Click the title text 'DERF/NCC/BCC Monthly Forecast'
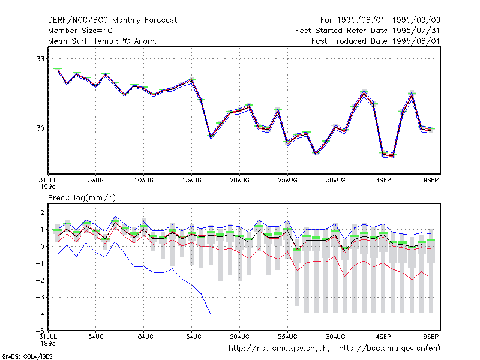pyautogui.click(x=112, y=20)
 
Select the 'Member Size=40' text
pyautogui.click(x=80, y=31)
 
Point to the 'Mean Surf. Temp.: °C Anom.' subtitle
pyautogui.click(x=102, y=41)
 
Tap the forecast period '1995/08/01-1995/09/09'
pyautogui.click(x=389, y=20)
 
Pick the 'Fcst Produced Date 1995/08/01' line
pyautogui.click(x=376, y=41)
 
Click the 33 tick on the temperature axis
pyautogui.click(x=40, y=59)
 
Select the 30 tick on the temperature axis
pyautogui.click(x=40, y=128)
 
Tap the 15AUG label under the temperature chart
pyautogui.click(x=191, y=181)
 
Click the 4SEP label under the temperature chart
pyautogui.click(x=383, y=181)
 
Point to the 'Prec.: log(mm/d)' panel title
pyautogui.click(x=82, y=198)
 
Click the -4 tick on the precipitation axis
pyautogui.click(x=40, y=314)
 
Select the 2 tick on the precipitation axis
pyautogui.click(x=42, y=212)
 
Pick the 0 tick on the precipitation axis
pyautogui.click(x=42, y=247)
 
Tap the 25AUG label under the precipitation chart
pyautogui.click(x=287, y=337)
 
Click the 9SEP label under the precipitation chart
pyautogui.click(x=431, y=337)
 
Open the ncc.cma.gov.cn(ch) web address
pyautogui.click(x=279, y=349)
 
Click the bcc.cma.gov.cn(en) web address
pyautogui.click(x=389, y=349)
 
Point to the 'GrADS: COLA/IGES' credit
pyautogui.click(x=27, y=356)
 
